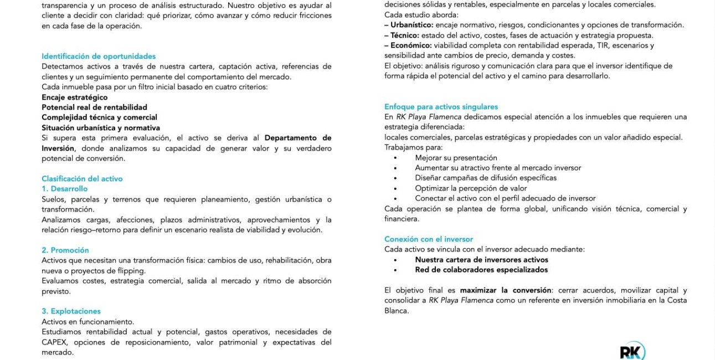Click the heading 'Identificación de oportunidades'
coord(99,56)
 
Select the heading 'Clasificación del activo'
coord(82,179)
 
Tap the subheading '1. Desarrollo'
coord(64,189)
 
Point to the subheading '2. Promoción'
coord(65,250)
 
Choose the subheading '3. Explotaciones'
coord(71,311)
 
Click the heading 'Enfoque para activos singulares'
coord(441,107)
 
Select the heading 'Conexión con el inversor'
coord(429,239)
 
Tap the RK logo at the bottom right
coord(632,351)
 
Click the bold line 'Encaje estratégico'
coord(75,97)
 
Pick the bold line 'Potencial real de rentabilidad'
coord(94,107)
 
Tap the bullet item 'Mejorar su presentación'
coord(456,158)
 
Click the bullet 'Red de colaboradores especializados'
coord(481,270)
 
